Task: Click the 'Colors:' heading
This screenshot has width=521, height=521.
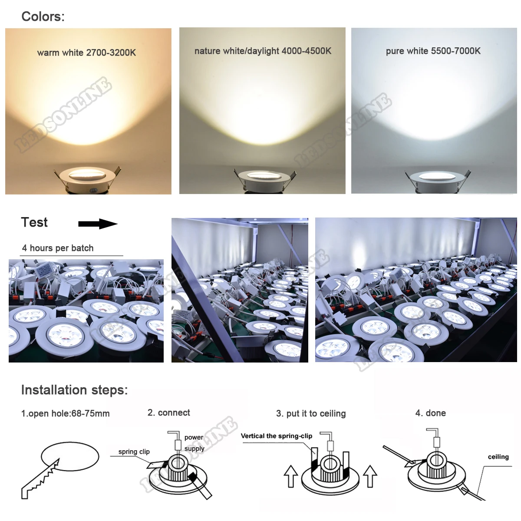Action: click(43, 16)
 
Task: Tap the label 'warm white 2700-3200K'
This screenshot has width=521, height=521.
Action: click(86, 53)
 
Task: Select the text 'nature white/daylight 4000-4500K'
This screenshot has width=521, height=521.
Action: click(263, 51)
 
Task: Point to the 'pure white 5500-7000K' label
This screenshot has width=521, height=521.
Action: click(433, 51)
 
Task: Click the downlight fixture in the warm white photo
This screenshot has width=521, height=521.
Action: click(87, 178)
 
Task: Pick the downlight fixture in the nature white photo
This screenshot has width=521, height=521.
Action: click(264, 178)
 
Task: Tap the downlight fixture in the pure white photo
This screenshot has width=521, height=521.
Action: click(436, 178)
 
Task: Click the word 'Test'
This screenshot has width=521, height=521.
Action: click(34, 222)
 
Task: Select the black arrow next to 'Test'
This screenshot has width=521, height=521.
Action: click(98, 224)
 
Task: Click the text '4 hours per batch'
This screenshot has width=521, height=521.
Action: click(58, 248)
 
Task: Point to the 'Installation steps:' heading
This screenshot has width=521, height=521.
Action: click(74, 390)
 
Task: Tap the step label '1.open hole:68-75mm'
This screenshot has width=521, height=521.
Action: click(65, 413)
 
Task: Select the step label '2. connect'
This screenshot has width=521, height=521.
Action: click(168, 412)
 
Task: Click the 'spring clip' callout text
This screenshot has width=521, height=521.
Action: click(134, 452)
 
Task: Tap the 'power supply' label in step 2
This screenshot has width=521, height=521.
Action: click(194, 443)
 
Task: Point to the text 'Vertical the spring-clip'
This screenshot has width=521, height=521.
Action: click(276, 436)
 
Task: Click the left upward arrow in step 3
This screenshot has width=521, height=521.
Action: click(290, 477)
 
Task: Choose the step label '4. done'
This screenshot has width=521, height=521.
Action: click(430, 413)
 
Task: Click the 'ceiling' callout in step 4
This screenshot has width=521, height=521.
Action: click(498, 457)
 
